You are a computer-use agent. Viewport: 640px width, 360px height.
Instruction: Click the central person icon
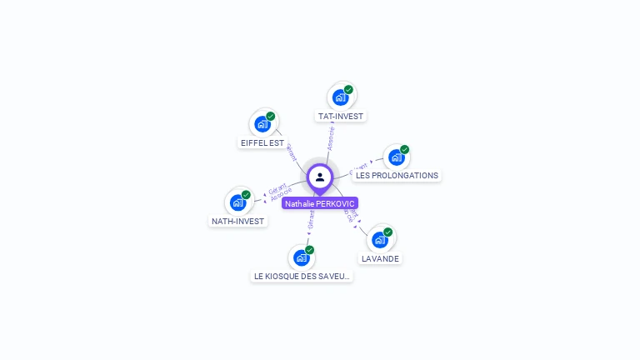tap(320, 177)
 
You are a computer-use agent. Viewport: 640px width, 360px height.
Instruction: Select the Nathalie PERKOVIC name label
tap(320, 203)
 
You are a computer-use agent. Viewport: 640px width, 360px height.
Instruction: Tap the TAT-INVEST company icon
tap(340, 97)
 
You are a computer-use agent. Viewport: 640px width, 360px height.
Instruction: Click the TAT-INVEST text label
tap(341, 117)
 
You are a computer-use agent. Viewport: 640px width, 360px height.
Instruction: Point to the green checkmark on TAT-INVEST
tap(348, 90)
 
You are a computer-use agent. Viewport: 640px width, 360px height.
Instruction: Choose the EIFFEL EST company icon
tap(262, 125)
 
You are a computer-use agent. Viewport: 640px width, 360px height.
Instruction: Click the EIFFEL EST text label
tap(262, 143)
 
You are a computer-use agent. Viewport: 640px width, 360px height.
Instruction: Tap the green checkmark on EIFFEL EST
tap(271, 117)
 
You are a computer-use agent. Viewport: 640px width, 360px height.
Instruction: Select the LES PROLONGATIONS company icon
tap(397, 157)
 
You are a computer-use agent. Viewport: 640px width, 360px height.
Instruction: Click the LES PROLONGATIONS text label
tap(397, 176)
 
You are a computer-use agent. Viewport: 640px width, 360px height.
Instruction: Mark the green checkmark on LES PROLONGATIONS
tap(405, 150)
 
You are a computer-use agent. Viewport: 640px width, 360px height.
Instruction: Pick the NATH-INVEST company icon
tap(237, 202)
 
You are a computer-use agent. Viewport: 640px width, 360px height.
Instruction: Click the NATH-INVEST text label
tap(237, 222)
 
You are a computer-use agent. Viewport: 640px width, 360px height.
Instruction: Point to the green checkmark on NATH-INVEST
tap(246, 195)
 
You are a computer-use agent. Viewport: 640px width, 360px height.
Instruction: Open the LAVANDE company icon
tap(380, 240)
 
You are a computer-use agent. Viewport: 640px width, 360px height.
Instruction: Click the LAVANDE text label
tap(381, 259)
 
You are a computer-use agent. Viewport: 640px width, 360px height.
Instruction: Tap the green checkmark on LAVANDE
tap(388, 232)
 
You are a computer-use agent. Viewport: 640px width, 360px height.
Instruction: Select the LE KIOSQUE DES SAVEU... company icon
tap(301, 257)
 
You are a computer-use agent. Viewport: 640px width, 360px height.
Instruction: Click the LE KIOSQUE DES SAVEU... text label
tap(302, 276)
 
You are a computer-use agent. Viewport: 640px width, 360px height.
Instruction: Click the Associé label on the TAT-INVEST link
tap(331, 137)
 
